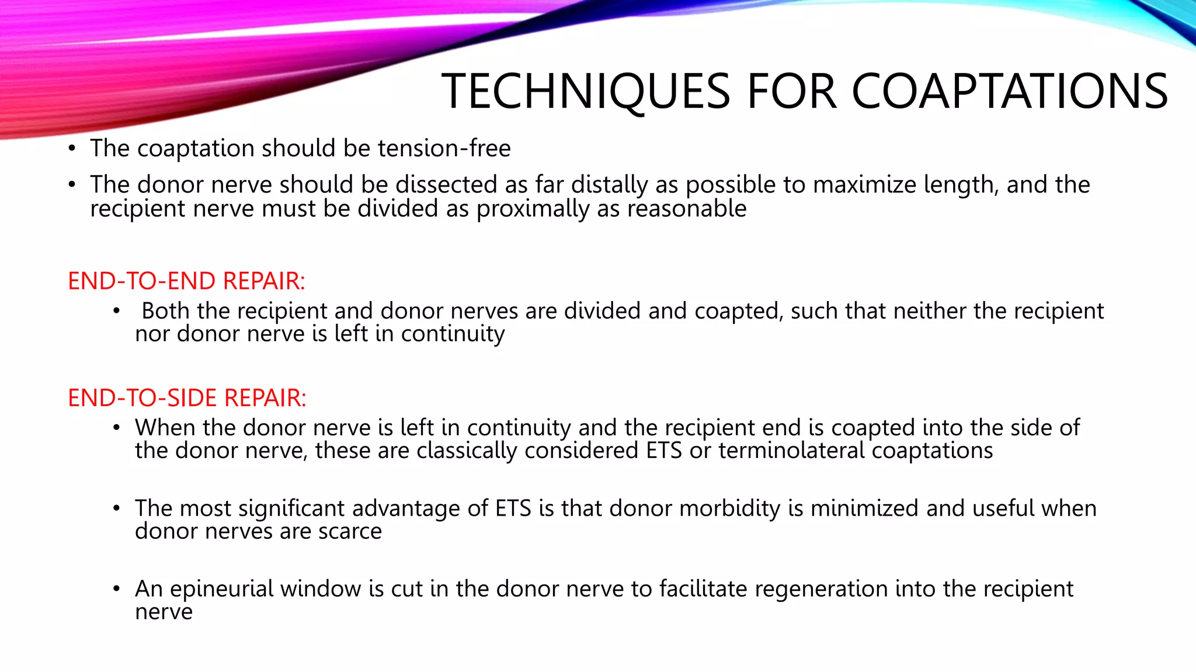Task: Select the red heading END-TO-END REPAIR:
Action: coord(186,281)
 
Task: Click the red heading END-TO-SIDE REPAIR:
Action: coord(187,398)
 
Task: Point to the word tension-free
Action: coord(444,148)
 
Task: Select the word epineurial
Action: coord(221,589)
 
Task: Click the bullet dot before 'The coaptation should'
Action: coord(71,149)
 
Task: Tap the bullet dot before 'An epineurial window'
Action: coord(117,590)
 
